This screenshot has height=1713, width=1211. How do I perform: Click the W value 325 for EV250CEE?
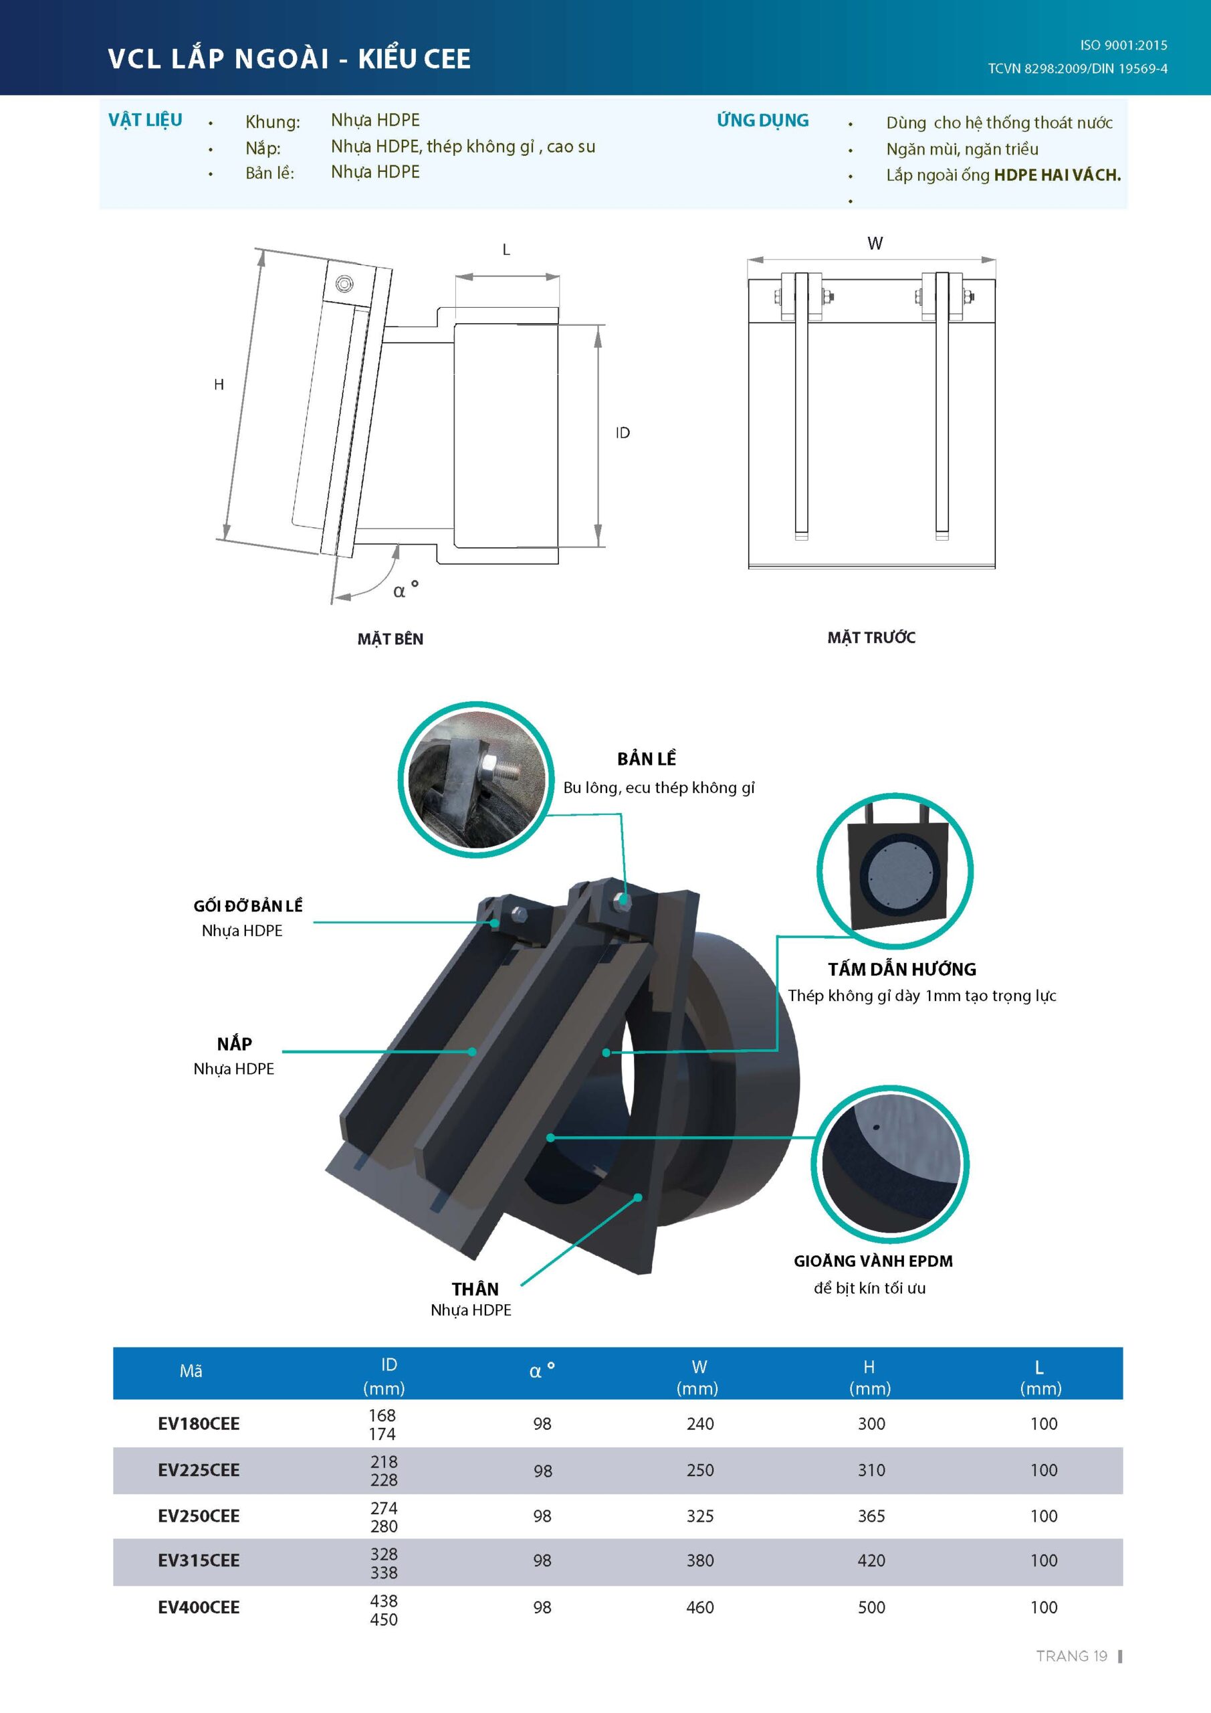click(x=699, y=1516)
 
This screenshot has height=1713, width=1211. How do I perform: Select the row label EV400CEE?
click(x=199, y=1608)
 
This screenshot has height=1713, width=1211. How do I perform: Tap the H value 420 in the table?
click(x=871, y=1561)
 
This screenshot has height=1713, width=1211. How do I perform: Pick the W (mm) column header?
click(x=698, y=1377)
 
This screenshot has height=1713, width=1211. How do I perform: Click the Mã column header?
click(x=191, y=1371)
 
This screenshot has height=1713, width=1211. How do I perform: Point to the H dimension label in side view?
click(x=219, y=384)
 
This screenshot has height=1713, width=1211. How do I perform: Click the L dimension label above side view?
click(x=506, y=250)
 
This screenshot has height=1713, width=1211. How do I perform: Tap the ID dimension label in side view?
click(x=623, y=433)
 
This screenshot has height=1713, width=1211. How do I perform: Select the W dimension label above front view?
click(x=875, y=243)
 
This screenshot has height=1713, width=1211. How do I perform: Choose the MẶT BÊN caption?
click(x=390, y=640)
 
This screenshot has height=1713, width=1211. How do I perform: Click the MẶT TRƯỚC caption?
click(x=871, y=638)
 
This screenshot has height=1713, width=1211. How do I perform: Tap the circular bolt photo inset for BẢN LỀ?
click(x=475, y=779)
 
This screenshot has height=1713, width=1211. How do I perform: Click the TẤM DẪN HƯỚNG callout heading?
click(x=901, y=969)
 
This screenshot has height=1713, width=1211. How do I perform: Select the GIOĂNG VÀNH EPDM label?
click(x=873, y=1261)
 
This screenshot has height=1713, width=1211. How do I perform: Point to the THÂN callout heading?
click(x=475, y=1289)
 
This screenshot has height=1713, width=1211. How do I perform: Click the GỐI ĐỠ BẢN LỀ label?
click(x=247, y=906)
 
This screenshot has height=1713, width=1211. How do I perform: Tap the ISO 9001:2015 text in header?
click(x=1123, y=46)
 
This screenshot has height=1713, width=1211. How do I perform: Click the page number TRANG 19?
click(x=1071, y=1656)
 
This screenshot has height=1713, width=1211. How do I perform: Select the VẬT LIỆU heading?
click(x=145, y=120)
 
